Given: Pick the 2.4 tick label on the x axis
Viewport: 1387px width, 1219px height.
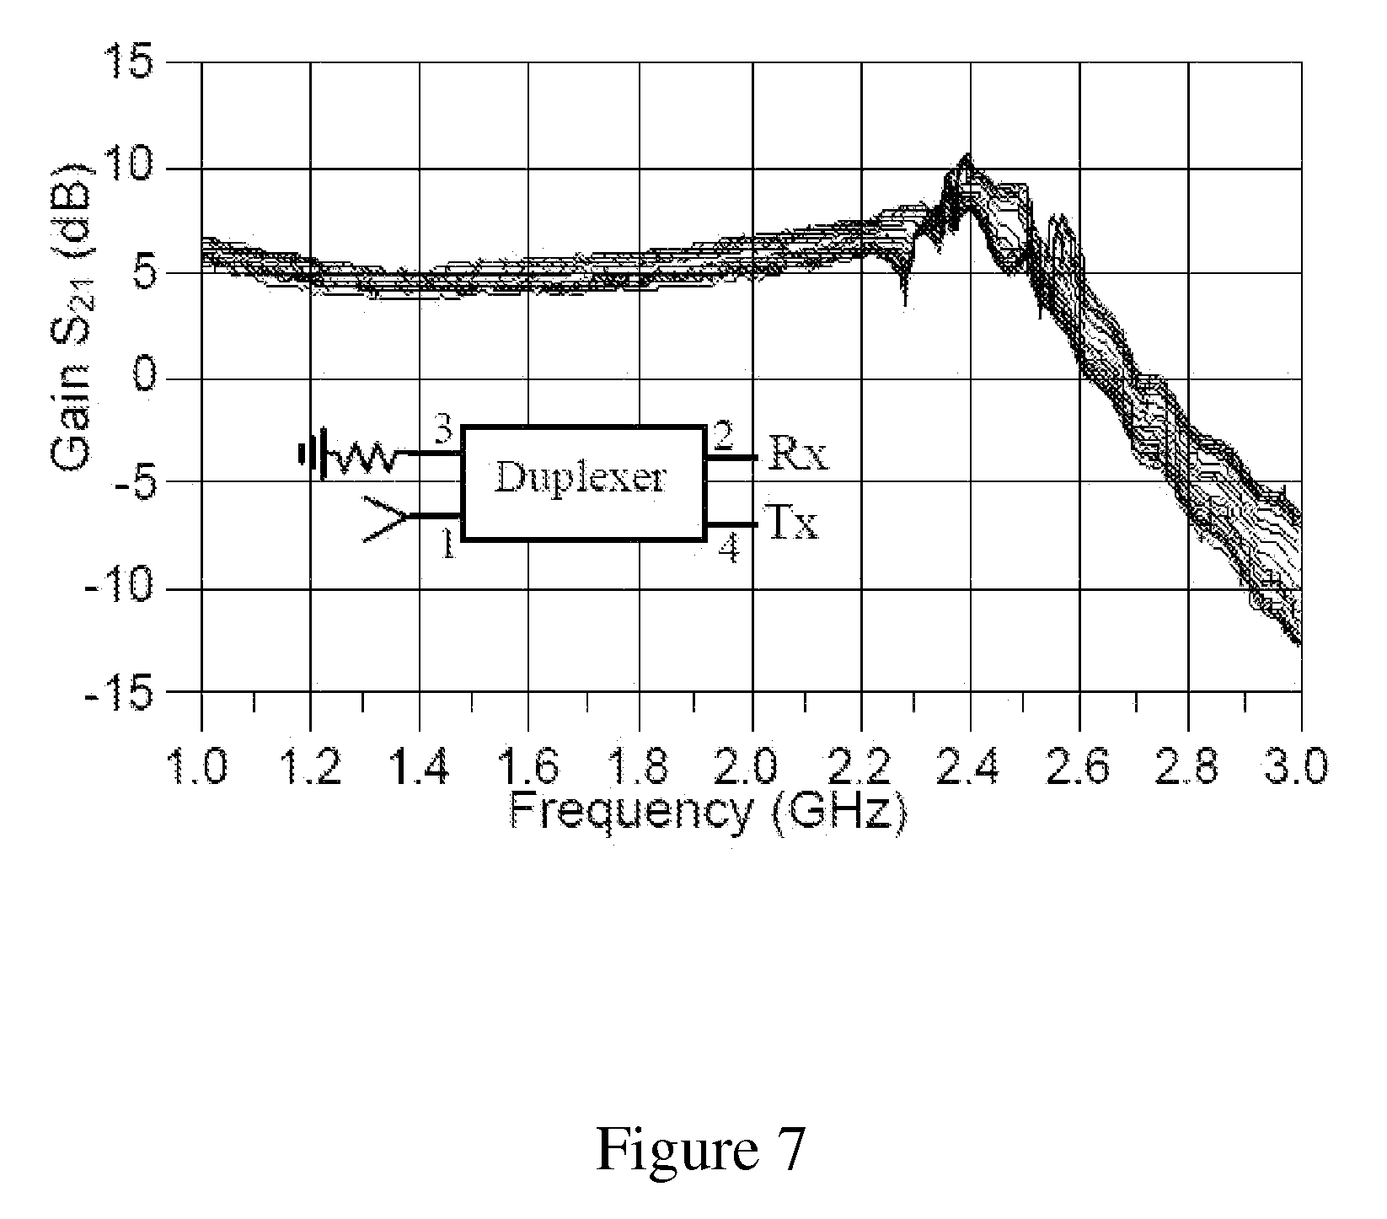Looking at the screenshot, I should click(970, 767).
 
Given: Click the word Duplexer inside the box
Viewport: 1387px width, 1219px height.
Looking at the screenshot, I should click(581, 478).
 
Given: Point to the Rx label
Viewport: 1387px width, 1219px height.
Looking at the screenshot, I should click(795, 457).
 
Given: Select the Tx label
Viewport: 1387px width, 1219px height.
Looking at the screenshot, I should click(793, 523).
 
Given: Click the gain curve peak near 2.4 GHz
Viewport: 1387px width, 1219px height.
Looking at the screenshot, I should click(967, 158).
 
